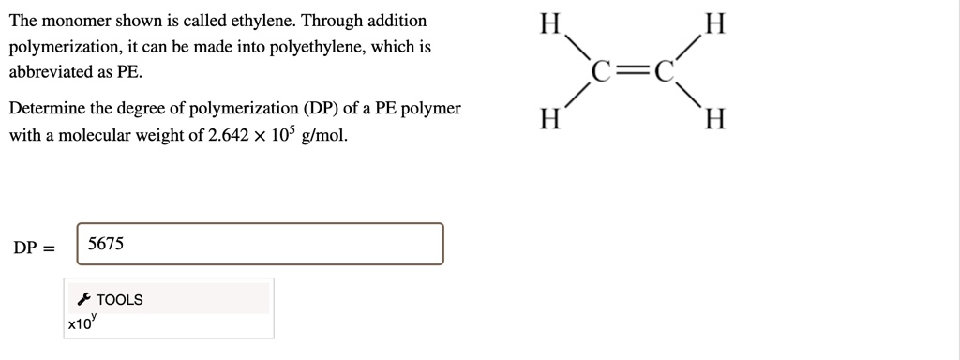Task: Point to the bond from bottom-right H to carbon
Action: (x=690, y=97)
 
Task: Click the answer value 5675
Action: (x=105, y=244)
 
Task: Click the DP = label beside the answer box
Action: (x=34, y=248)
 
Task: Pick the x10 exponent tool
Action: (x=82, y=322)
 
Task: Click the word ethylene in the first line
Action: (x=261, y=21)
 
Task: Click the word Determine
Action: (x=48, y=108)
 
